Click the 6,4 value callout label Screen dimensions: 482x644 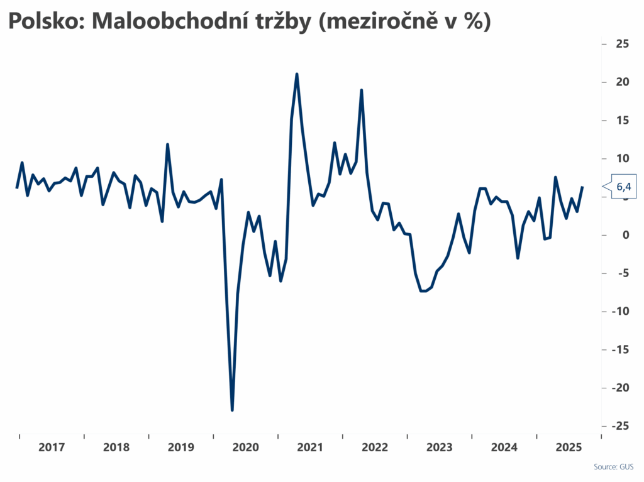click(x=623, y=187)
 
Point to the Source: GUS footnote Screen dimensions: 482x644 click(x=614, y=467)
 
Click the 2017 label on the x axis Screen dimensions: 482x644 click(x=52, y=447)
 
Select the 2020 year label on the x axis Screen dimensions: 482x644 click(x=245, y=447)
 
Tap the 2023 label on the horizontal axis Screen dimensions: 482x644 click(x=439, y=447)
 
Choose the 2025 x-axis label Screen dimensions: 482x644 click(x=569, y=447)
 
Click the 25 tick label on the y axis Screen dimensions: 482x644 click(x=623, y=44)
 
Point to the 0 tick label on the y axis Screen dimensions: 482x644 click(x=625, y=235)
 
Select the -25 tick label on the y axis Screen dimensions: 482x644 click(x=621, y=425)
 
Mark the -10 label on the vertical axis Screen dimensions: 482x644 click(x=621, y=311)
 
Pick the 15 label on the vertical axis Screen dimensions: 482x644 click(x=623, y=120)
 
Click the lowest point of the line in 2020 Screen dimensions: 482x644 click(x=232, y=410)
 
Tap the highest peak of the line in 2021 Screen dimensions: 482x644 click(x=296, y=74)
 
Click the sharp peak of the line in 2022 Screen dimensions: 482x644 click(x=362, y=90)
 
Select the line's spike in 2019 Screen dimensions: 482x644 click(x=167, y=145)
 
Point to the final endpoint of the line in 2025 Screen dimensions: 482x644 click(x=582, y=187)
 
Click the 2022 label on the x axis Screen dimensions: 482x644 click(x=375, y=447)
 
